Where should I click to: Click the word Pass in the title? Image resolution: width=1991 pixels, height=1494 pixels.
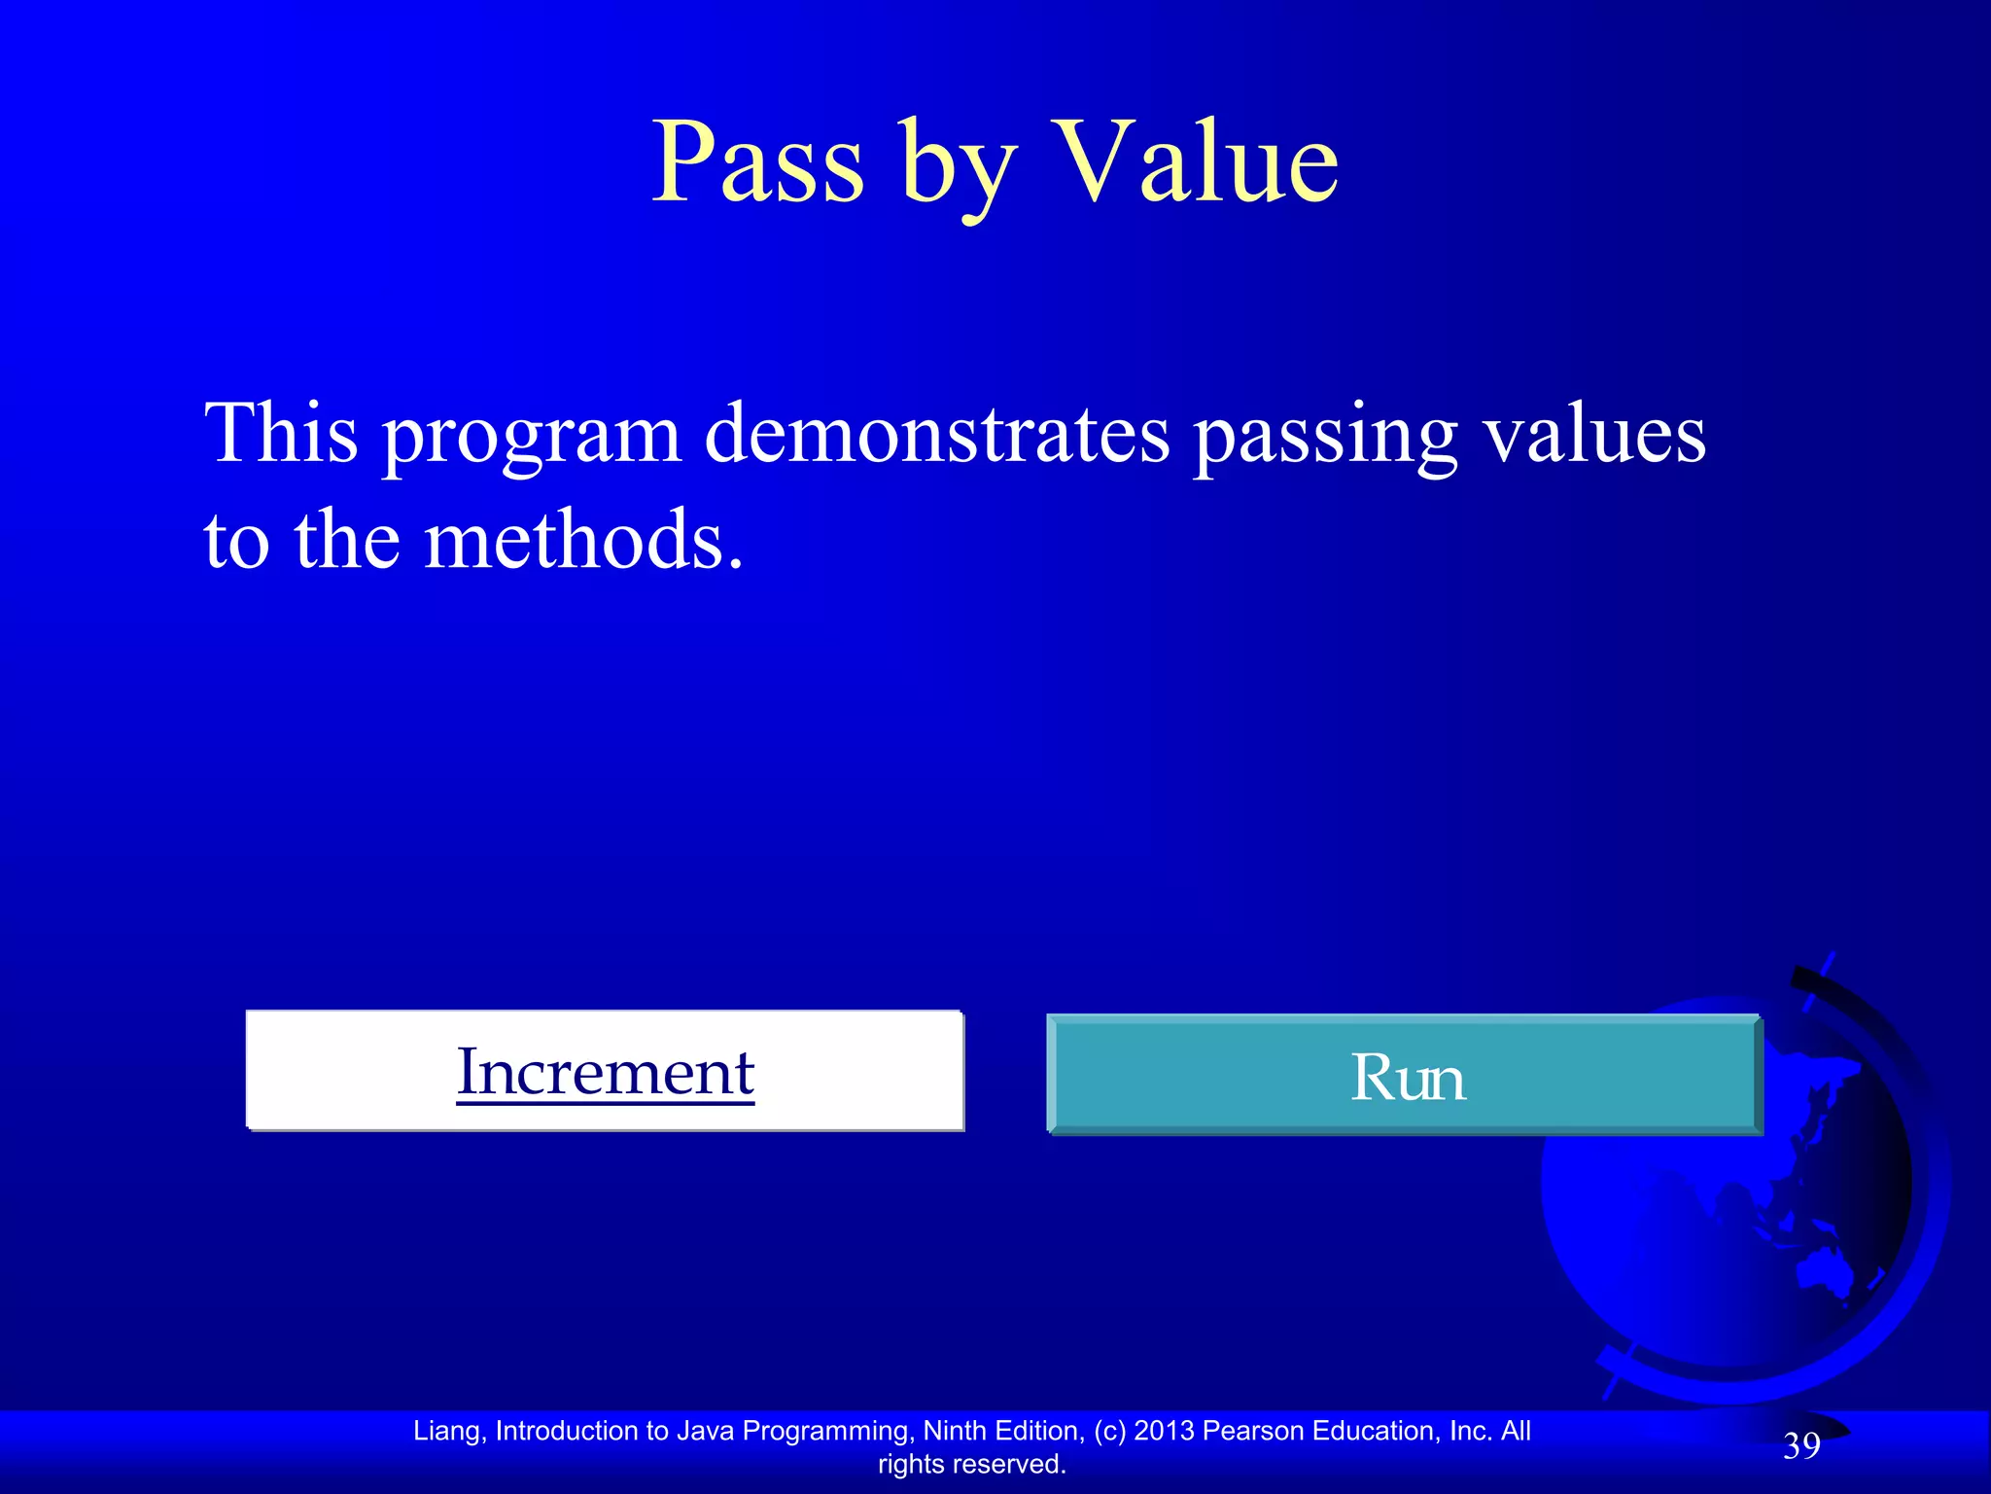pos(757,162)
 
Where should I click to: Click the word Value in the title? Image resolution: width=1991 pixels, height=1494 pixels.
pos(1196,162)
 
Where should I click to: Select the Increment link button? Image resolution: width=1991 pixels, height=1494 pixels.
pos(605,1071)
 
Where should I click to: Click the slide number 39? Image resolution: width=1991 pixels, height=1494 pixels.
pos(1800,1446)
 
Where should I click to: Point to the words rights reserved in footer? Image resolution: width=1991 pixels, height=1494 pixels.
pos(971,1464)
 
